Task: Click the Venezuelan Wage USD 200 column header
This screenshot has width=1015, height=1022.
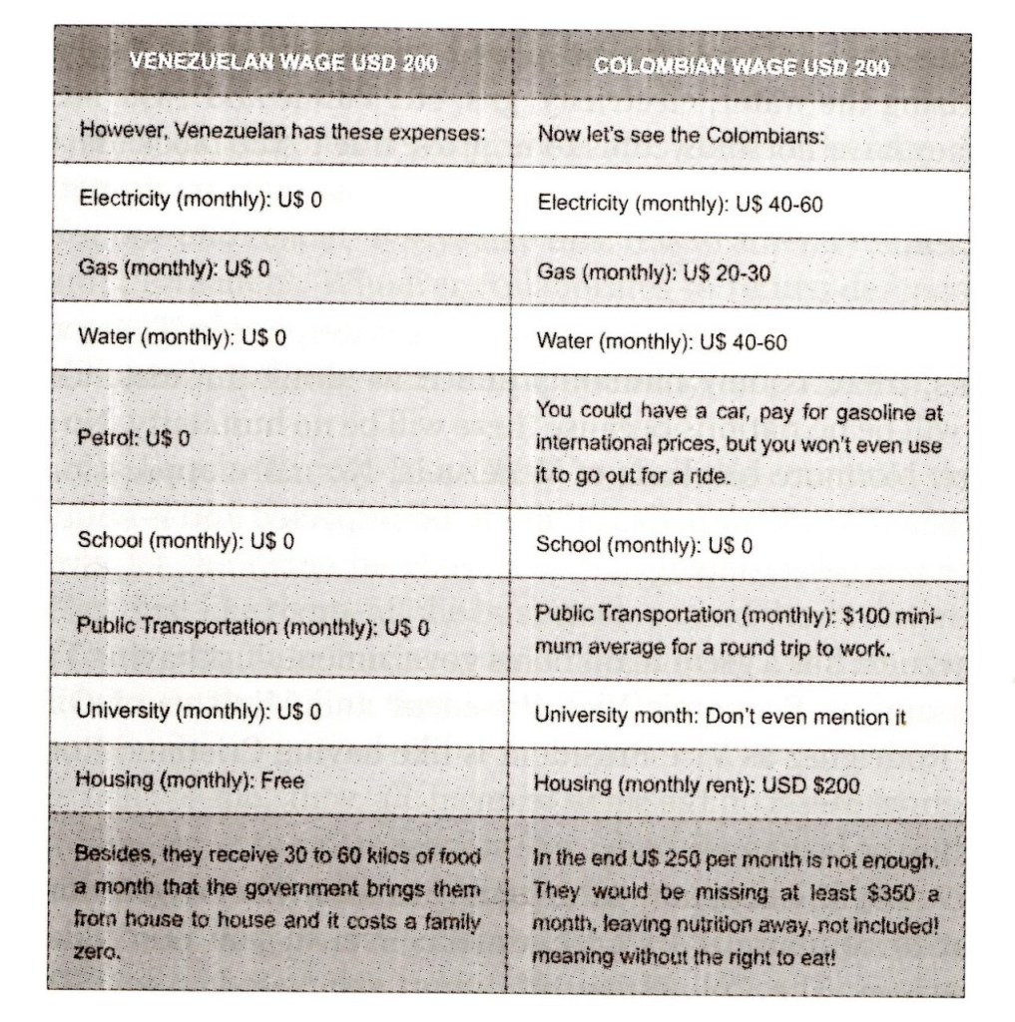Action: pos(282,66)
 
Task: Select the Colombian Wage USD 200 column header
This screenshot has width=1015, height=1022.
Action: pos(742,67)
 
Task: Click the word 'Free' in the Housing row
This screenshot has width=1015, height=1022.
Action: pos(282,780)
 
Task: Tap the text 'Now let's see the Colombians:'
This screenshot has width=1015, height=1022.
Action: pos(681,135)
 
